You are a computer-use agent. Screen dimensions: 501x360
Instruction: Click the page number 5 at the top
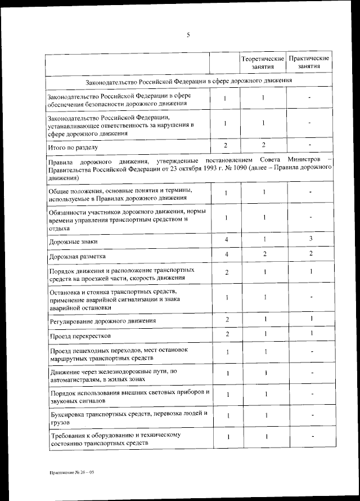tap(188, 35)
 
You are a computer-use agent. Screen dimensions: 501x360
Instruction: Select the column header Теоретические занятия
tap(263, 62)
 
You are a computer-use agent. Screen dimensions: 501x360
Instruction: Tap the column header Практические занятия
tap(309, 62)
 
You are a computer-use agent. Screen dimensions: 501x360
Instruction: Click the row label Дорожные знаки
tap(74, 241)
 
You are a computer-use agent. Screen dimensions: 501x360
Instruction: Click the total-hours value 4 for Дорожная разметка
tap(226, 254)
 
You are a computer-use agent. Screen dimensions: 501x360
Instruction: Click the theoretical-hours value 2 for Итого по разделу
tap(263, 145)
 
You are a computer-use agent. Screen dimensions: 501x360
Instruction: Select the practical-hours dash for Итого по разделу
tap(309, 145)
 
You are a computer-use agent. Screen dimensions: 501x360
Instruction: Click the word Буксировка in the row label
tap(69, 414)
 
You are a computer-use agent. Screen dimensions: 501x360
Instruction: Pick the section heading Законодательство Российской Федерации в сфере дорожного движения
tap(188, 81)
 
